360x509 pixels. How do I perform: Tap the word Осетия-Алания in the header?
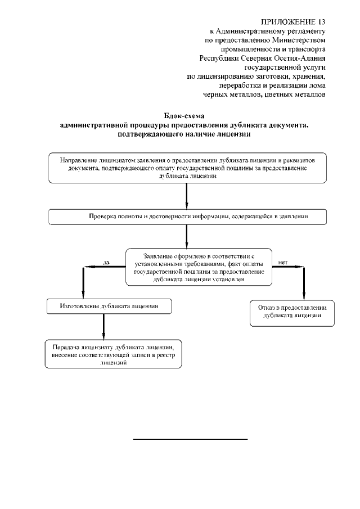coord(303,57)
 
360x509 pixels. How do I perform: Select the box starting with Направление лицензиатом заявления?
coord(187,168)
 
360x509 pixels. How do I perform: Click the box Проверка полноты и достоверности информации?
coord(187,217)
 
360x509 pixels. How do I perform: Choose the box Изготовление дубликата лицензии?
coord(109,306)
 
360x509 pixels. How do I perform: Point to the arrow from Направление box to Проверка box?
coord(187,196)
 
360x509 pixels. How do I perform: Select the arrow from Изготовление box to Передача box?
coord(103,326)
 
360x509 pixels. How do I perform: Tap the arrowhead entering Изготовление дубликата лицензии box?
coord(83,294)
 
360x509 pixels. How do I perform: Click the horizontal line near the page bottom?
coord(190,438)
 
